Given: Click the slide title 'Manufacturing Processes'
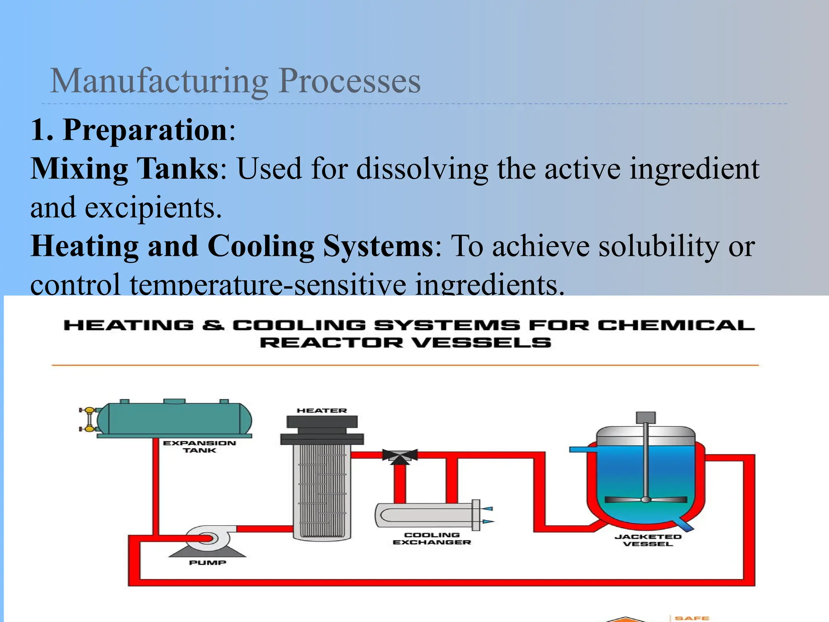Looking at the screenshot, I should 235,81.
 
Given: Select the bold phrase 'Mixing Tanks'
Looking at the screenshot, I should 125,168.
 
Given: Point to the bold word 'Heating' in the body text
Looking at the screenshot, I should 85,246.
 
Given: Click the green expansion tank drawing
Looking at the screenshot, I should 174,419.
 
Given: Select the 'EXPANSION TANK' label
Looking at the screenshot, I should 199,447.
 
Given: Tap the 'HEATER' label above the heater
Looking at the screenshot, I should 322,411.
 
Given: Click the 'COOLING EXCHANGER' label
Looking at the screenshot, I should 432,539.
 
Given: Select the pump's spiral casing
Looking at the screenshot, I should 208,538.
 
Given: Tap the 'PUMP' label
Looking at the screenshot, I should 208,562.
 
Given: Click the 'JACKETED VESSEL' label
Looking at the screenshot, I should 648,540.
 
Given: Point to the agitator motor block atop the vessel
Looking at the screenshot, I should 646,418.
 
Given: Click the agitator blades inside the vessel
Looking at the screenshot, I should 646,499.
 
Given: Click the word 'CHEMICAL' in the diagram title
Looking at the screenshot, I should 676,326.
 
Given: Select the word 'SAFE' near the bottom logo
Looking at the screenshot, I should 692,618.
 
